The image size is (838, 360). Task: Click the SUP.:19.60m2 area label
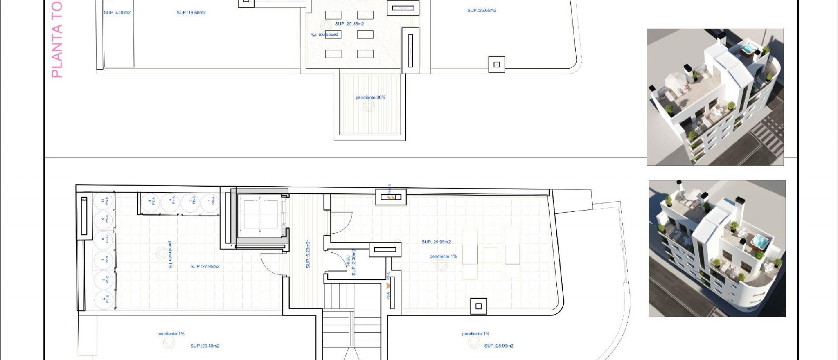click(191, 13)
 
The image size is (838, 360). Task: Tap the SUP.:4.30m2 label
click(117, 13)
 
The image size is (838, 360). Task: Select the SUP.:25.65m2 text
click(482, 11)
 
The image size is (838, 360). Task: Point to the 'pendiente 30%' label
click(370, 97)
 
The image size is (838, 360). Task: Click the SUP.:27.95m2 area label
click(205, 267)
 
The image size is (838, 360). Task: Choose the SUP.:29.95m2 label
click(436, 242)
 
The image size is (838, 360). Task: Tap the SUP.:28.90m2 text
click(498, 346)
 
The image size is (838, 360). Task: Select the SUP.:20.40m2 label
click(205, 346)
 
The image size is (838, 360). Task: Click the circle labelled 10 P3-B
click(104, 201)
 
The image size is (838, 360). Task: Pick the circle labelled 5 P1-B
click(104, 299)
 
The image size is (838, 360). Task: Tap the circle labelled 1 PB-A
click(211, 201)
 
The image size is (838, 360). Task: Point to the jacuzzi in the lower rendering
click(760, 241)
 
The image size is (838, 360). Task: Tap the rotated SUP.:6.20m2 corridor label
click(308, 254)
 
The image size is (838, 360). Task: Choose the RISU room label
click(348, 261)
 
